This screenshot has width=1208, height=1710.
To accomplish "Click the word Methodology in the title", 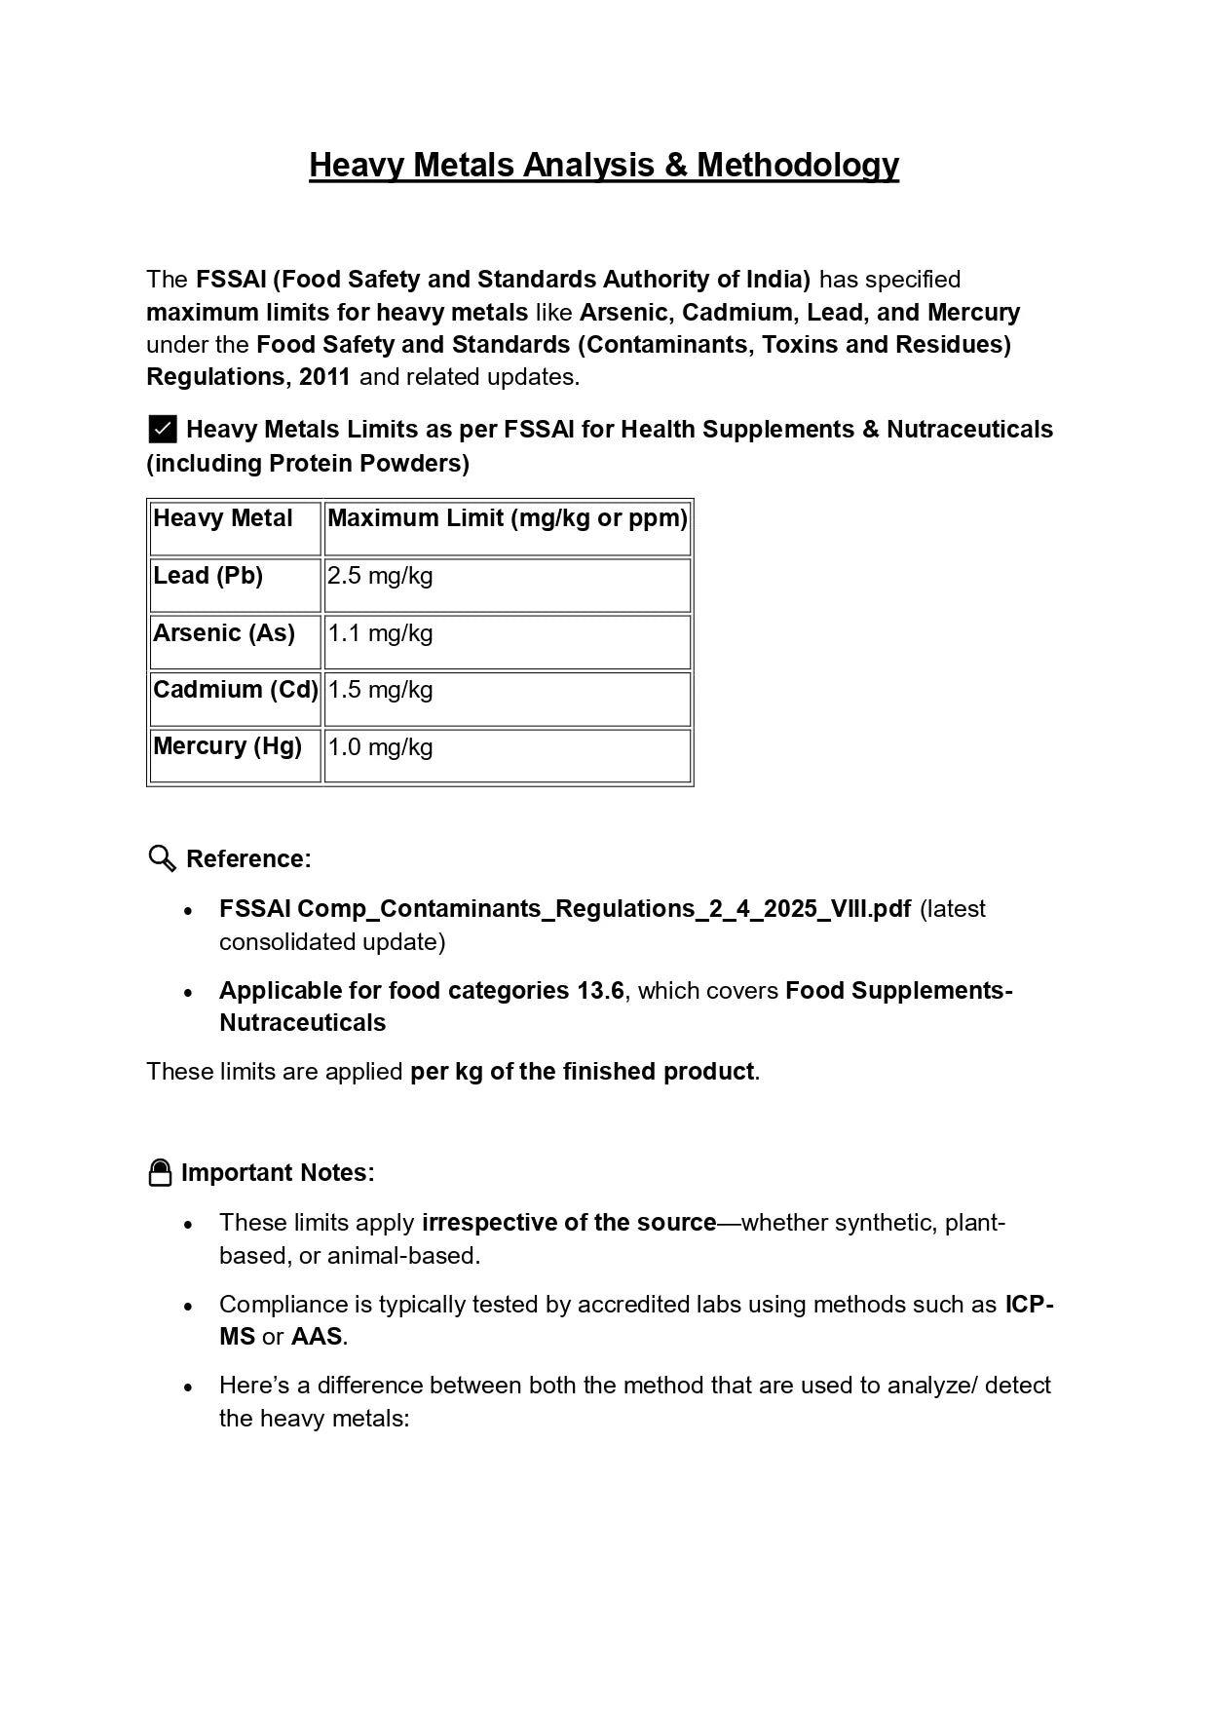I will point(797,165).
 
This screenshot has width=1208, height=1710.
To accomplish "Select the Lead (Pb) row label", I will point(208,576).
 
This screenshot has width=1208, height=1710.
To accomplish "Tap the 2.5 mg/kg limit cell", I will point(380,576).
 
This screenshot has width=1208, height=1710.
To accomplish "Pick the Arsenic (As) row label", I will point(223,633).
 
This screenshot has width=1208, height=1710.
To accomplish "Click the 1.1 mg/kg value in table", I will point(380,633).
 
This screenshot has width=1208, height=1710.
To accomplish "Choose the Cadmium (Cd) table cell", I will point(235,690).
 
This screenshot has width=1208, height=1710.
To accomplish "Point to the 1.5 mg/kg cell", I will point(380,690).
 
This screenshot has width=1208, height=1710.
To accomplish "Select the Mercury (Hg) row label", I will point(227,746).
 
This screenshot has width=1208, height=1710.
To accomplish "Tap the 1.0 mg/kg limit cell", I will point(380,747).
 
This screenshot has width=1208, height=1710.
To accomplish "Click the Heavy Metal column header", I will point(222,518).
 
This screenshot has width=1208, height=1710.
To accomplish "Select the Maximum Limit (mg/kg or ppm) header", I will point(507,518).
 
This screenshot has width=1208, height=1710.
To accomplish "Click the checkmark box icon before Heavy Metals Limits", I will point(163,430).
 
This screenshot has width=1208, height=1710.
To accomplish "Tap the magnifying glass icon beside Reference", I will point(162,858).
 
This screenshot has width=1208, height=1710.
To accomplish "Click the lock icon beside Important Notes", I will point(160,1172).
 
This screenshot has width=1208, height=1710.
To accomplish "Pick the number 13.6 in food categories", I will point(600,991).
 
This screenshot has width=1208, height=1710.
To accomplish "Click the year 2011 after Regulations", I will point(324,377).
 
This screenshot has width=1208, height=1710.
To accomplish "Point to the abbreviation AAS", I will point(317,1337).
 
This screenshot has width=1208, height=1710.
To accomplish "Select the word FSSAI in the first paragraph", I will point(231,280).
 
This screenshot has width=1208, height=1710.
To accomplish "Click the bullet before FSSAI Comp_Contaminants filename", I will point(189,910).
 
